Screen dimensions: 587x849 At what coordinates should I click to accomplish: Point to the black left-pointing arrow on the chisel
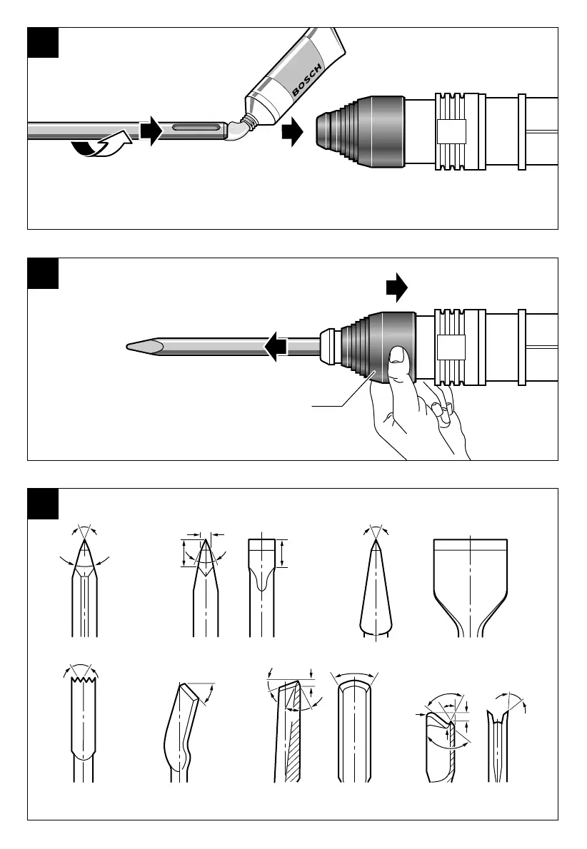tap(275, 347)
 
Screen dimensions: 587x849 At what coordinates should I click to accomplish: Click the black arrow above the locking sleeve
tap(396, 288)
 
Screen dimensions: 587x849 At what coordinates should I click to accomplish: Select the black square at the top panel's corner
tap(42, 42)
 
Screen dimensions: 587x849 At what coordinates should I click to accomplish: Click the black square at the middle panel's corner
tap(42, 273)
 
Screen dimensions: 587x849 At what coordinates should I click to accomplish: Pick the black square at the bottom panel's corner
tap(42, 503)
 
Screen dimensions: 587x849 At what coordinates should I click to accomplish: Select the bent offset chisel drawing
tap(182, 728)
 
